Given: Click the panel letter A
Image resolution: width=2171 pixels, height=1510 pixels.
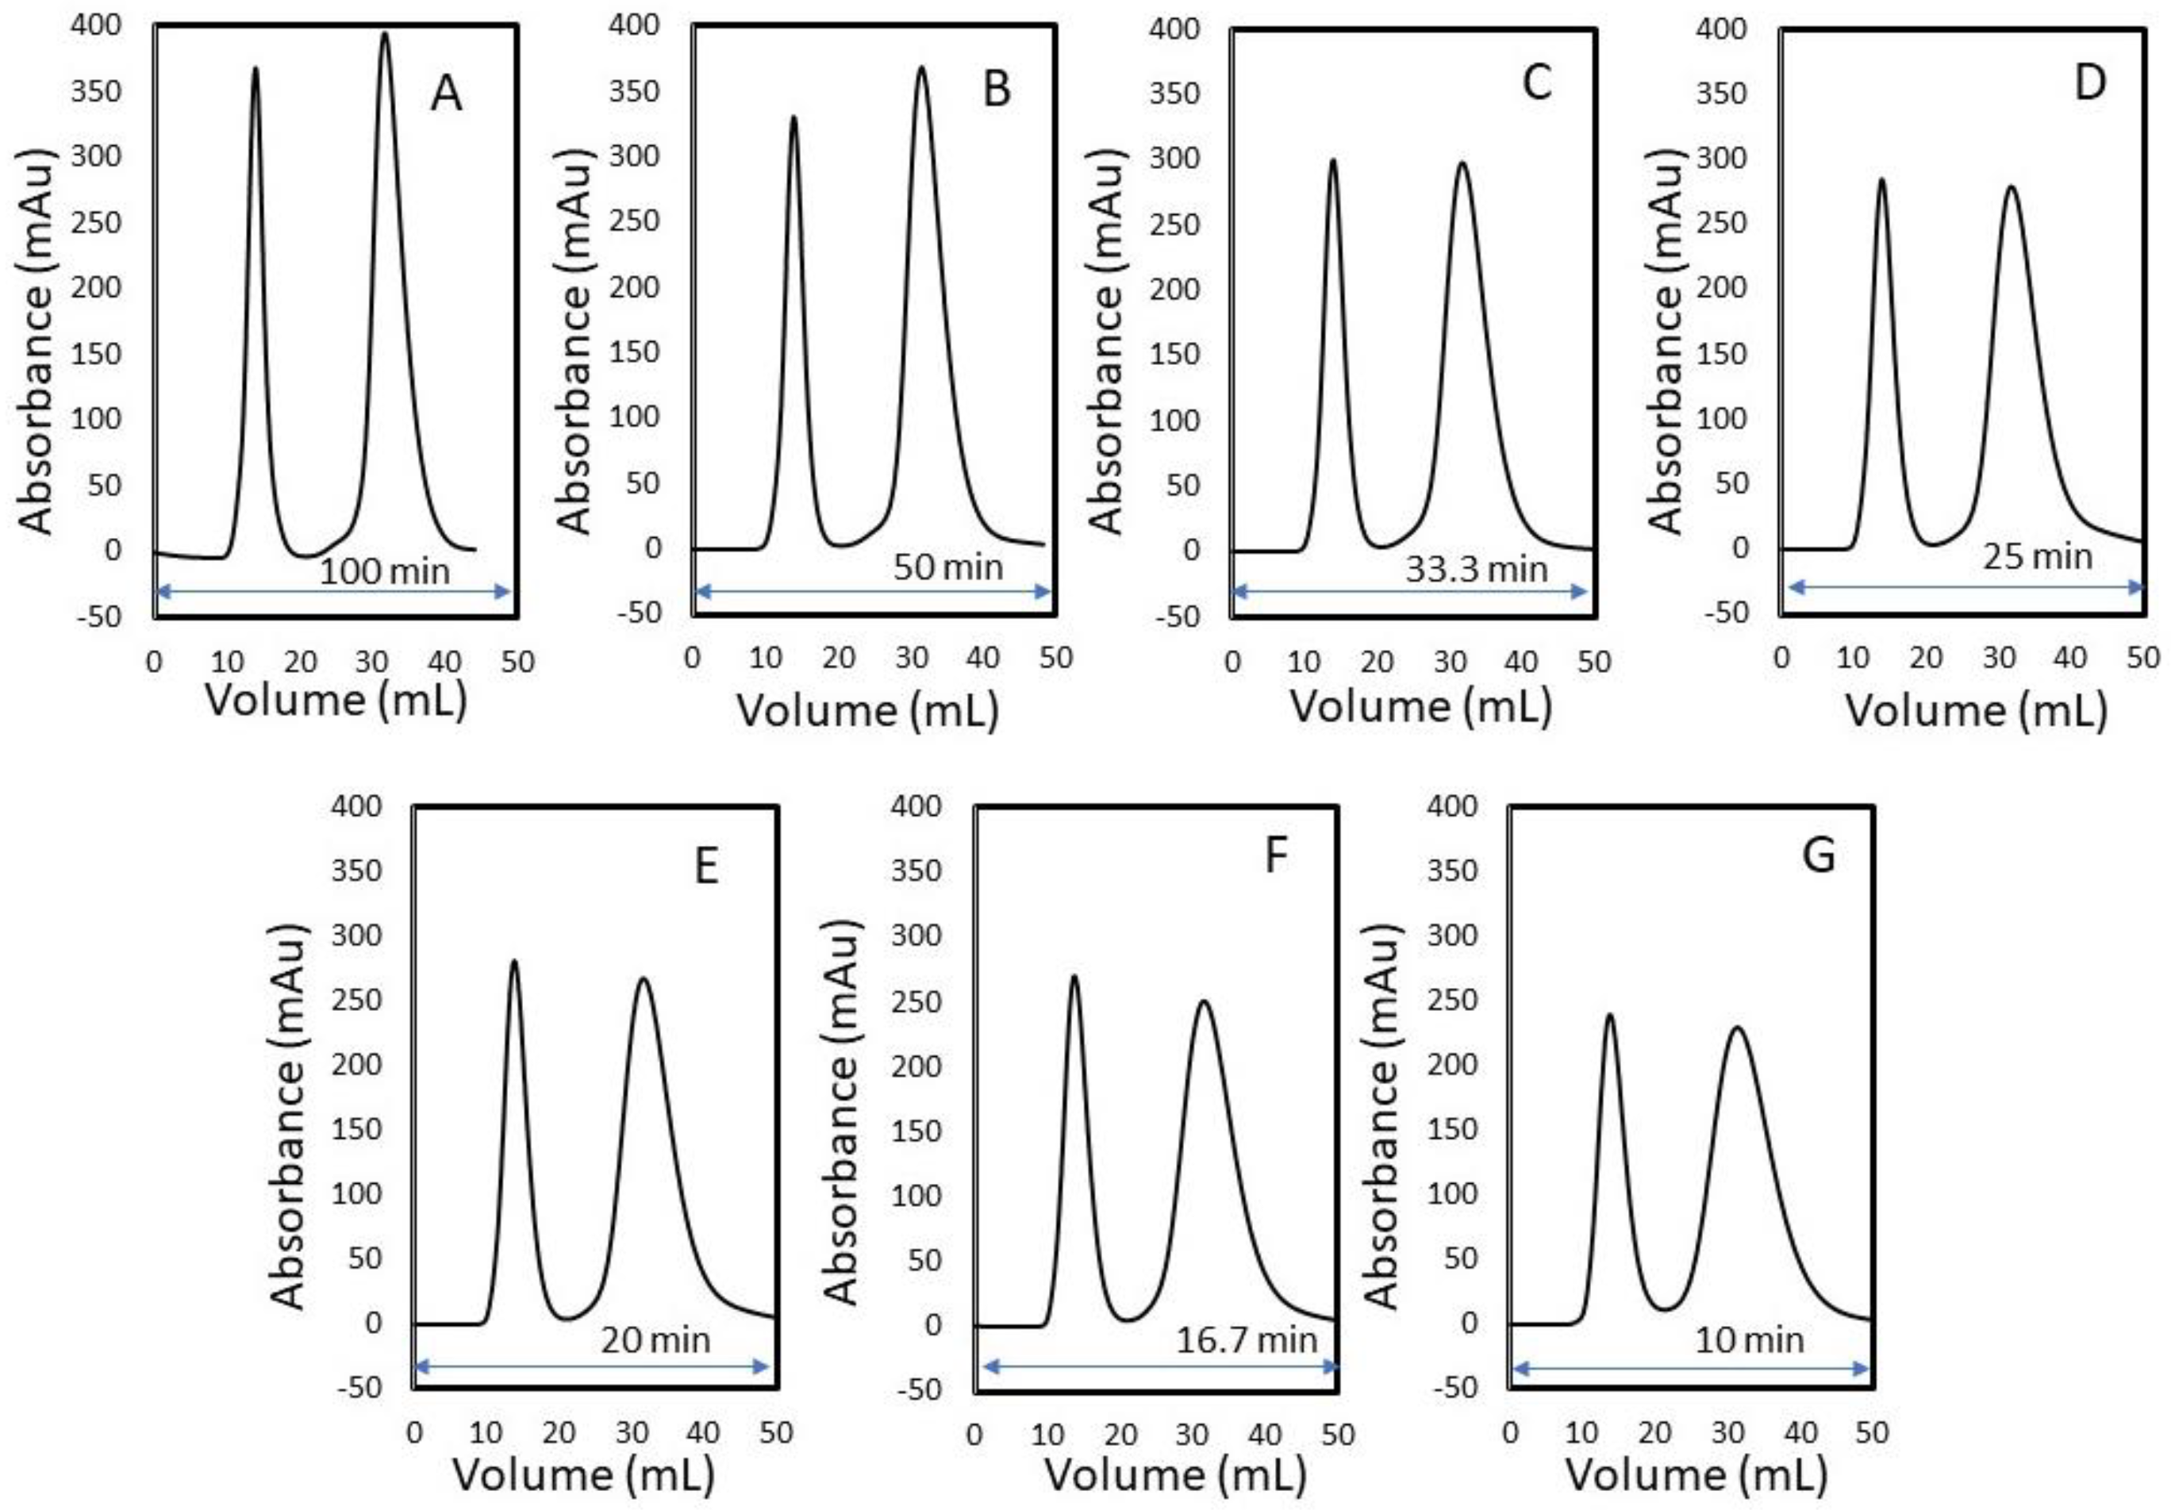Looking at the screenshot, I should point(445,94).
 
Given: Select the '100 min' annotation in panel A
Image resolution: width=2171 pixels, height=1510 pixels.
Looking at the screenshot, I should point(384,571).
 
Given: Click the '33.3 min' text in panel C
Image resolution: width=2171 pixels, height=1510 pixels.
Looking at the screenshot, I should point(1476,568).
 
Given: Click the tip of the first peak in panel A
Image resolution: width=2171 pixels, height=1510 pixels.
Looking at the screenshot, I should point(256,69).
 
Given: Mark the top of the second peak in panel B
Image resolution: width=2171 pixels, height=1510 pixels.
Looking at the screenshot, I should point(921,67).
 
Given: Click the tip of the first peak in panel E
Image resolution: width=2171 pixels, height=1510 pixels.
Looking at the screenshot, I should point(514,962).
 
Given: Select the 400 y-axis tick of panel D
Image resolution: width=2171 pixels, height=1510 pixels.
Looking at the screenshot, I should point(1721,29).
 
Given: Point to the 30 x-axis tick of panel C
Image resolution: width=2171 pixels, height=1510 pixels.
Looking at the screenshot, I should point(1449,662).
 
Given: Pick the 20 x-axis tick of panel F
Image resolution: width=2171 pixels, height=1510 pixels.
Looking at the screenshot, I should point(1120,1435).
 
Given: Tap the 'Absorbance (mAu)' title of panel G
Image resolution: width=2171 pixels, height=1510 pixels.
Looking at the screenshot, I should point(1381,1116).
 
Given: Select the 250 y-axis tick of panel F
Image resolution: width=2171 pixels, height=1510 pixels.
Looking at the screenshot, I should point(916,1001).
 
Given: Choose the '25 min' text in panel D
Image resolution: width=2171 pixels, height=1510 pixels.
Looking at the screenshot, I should point(2037,556).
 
